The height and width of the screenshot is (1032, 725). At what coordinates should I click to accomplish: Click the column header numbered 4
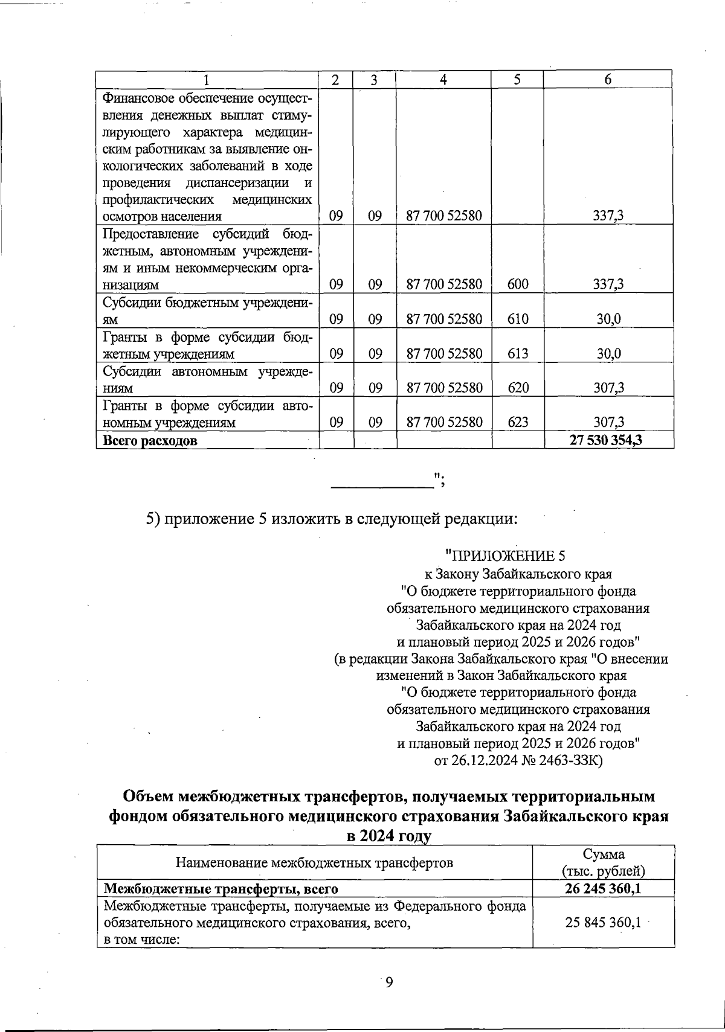coord(443,80)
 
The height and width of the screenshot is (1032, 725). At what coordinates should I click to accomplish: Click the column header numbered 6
coord(608,80)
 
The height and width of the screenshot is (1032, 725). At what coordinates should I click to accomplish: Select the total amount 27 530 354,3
coord(605,440)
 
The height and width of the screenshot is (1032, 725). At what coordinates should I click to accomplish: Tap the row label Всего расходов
coord(150,441)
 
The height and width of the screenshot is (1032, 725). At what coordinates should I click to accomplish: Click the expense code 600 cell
coord(518,284)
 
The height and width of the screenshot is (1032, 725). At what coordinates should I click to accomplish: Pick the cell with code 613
coord(518,354)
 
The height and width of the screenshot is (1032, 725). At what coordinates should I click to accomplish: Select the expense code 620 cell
coord(518,388)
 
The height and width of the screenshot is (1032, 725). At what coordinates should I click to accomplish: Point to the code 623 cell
coord(518,423)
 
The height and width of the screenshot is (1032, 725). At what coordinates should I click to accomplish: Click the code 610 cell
coord(518,319)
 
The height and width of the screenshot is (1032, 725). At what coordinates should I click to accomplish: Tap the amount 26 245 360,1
coord(603,889)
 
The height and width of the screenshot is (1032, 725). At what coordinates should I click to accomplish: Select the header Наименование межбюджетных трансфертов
coord(314,862)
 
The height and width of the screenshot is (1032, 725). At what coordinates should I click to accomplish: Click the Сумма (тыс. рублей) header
coord(604,862)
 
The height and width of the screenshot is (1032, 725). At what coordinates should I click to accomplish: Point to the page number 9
coord(389,982)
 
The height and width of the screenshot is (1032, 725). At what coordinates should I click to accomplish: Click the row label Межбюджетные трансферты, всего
coord(221,889)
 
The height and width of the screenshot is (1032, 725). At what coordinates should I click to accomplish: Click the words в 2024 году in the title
coord(388,836)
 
